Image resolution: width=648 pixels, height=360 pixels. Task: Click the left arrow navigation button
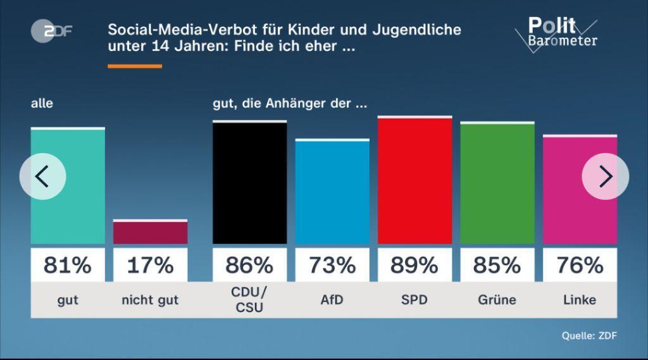click(42, 177)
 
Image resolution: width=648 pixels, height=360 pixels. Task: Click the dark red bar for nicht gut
click(150, 232)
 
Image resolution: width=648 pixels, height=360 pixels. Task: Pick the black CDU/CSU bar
click(249, 183)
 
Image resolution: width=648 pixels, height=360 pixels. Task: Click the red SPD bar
click(414, 180)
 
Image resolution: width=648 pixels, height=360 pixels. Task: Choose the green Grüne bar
click(497, 183)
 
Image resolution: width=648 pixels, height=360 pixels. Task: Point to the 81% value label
click(68, 265)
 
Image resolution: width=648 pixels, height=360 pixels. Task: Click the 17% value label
click(150, 265)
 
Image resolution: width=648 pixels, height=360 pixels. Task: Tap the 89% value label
click(414, 265)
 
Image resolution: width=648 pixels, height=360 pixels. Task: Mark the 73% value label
click(332, 265)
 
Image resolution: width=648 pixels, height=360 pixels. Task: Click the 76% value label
click(580, 265)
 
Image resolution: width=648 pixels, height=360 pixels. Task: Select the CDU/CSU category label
click(249, 299)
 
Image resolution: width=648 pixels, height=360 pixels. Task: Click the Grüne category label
click(497, 299)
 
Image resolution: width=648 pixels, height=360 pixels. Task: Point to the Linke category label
click(580, 299)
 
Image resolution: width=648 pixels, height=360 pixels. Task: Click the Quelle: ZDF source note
click(589, 336)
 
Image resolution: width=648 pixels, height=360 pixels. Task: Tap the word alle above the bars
click(42, 103)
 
